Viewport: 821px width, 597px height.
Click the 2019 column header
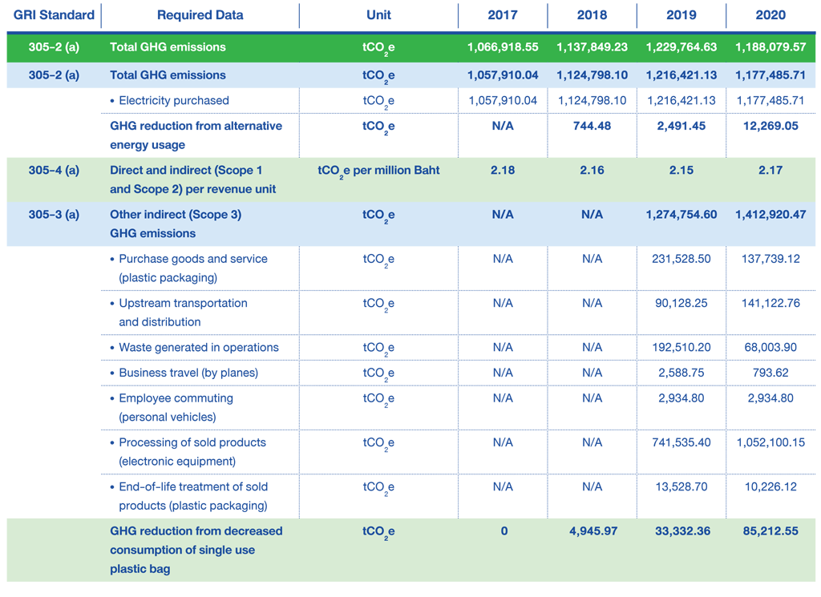(681, 14)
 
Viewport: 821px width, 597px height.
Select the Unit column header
(378, 14)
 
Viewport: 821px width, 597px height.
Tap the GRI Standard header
(54, 14)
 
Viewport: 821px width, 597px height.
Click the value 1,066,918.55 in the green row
(503, 47)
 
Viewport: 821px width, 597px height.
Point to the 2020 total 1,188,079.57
(770, 47)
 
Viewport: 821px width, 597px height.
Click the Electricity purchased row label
(174, 100)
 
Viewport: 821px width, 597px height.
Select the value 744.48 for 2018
(592, 126)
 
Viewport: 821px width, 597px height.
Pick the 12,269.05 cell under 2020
(770, 126)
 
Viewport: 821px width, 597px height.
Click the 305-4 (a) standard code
(54, 171)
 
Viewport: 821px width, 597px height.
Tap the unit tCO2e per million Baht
(378, 171)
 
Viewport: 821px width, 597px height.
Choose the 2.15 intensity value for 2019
(681, 171)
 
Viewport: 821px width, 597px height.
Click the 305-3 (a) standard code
(54, 215)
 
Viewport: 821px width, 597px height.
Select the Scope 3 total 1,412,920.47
(770, 215)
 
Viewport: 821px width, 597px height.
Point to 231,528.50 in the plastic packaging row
(681, 259)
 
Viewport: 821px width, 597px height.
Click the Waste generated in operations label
(199, 348)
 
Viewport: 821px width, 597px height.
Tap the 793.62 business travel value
(770, 373)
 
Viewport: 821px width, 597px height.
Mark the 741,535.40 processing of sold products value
(681, 442)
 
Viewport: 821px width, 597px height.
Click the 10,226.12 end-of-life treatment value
(770, 487)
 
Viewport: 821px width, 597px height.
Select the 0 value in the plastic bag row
(504, 531)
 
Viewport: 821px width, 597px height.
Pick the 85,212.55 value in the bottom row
(770, 531)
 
